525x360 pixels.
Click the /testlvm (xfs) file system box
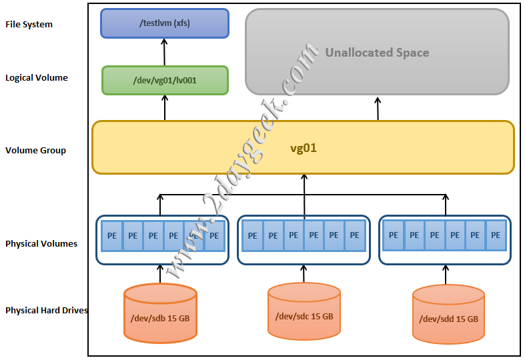[164, 23]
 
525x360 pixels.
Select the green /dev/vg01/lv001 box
[165, 80]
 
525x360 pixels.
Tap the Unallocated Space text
[377, 53]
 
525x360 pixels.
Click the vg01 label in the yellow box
[303, 148]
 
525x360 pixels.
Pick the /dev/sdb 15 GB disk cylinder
[160, 314]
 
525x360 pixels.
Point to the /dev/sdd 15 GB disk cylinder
[448, 314]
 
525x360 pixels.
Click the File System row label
[29, 25]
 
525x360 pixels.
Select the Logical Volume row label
[37, 78]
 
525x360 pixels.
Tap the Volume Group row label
[36, 151]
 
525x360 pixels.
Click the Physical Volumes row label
[41, 244]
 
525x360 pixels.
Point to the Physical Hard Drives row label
[47, 311]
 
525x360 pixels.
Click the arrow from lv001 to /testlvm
[165, 51]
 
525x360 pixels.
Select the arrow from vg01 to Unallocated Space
[378, 107]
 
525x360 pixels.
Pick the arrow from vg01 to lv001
[165, 107]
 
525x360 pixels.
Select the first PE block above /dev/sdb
[112, 235]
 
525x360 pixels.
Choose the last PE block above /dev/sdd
[496, 235]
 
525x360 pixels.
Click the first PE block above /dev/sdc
[252, 235]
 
